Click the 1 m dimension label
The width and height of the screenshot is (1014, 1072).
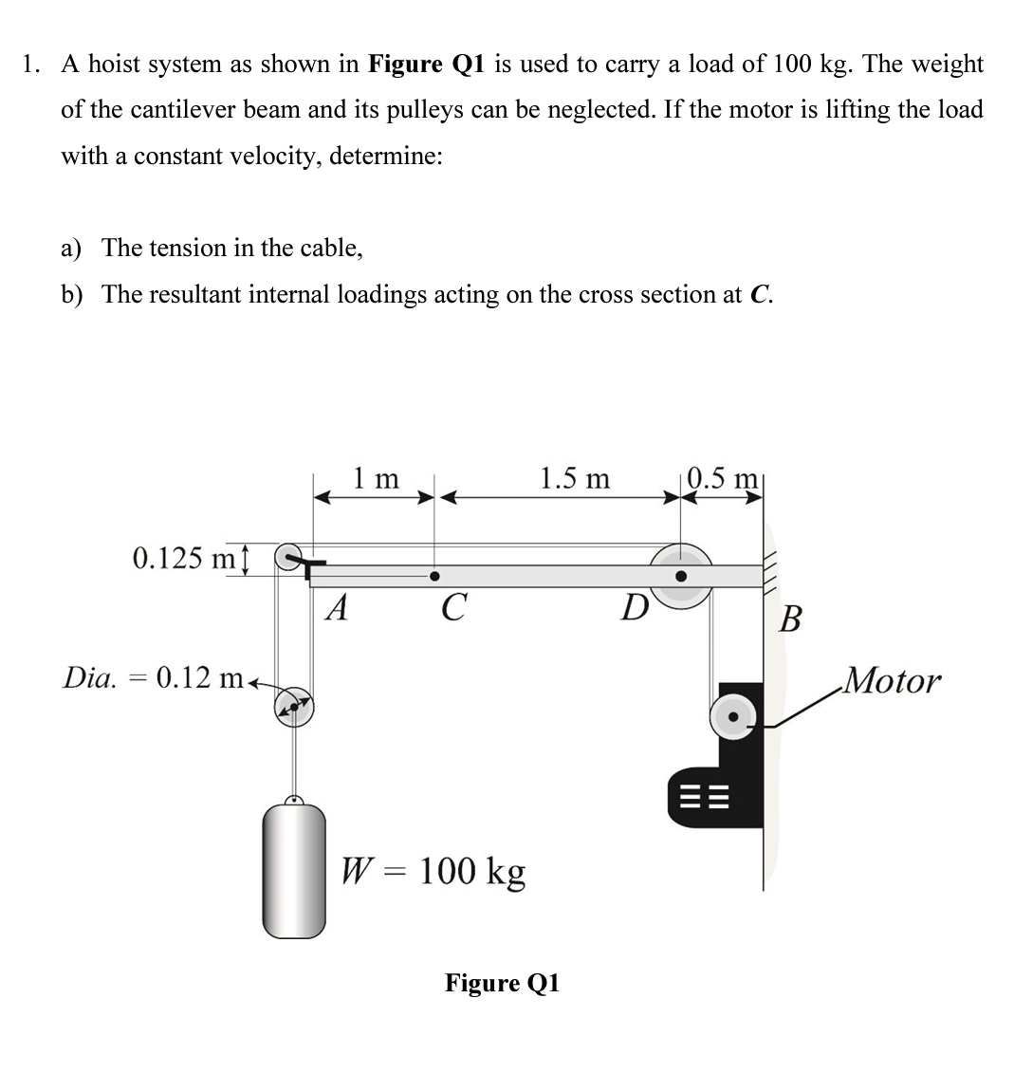tap(376, 478)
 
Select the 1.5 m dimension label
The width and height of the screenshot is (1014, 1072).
tap(575, 478)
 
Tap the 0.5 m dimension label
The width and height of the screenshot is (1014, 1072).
tap(724, 477)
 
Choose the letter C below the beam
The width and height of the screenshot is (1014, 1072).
tap(453, 607)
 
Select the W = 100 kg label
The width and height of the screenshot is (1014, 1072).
tap(433, 870)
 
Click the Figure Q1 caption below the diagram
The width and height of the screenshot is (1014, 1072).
tap(503, 983)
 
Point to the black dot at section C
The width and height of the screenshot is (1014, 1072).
tap(434, 576)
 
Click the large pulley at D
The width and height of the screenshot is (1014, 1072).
tap(681, 575)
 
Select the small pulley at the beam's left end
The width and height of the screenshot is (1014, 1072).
tap(288, 558)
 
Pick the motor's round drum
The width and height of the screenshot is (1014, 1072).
tap(733, 717)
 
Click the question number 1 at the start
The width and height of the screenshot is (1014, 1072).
tap(31, 65)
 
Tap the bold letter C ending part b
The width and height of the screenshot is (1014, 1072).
tap(758, 295)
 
